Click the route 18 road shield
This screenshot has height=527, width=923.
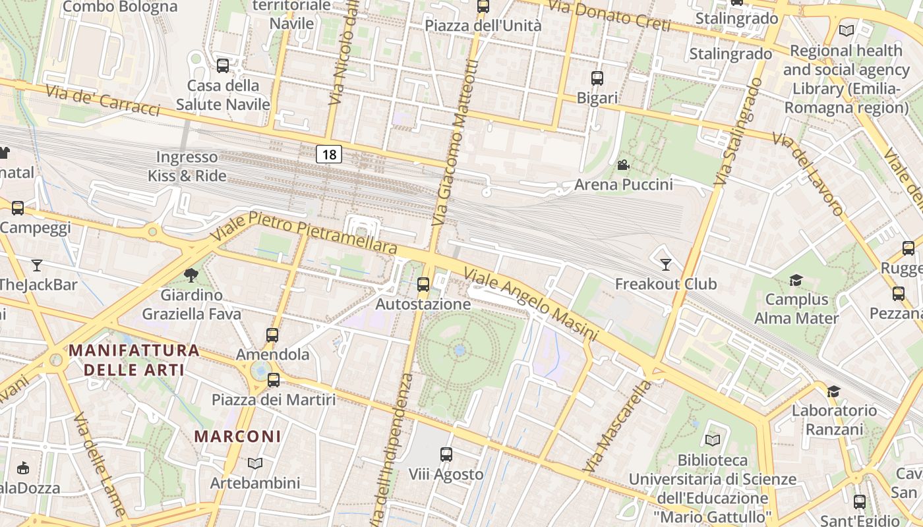coord(329,155)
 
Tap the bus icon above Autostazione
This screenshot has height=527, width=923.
coord(423,285)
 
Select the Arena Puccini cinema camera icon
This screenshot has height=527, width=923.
coord(623,165)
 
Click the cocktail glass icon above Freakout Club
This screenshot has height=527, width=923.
coord(666,264)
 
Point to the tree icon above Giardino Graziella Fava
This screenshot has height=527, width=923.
coord(192,275)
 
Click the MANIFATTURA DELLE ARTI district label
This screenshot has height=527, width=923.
coord(134,360)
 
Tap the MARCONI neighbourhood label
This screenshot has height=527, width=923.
coord(238,436)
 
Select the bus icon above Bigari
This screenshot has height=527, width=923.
coord(597,78)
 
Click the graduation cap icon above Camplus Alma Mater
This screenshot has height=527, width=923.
coord(796,280)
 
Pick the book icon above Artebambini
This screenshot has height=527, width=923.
coord(255,463)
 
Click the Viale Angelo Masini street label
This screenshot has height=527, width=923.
coord(531,304)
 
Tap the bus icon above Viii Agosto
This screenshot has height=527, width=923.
coord(446,454)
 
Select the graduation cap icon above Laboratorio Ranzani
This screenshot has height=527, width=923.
coord(834,391)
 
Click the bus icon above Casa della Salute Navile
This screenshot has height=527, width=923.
coord(223,66)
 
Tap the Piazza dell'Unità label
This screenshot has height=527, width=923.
coord(483,26)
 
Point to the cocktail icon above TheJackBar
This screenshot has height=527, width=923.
coord(37,265)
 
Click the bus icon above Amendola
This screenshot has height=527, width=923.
coord(272,335)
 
